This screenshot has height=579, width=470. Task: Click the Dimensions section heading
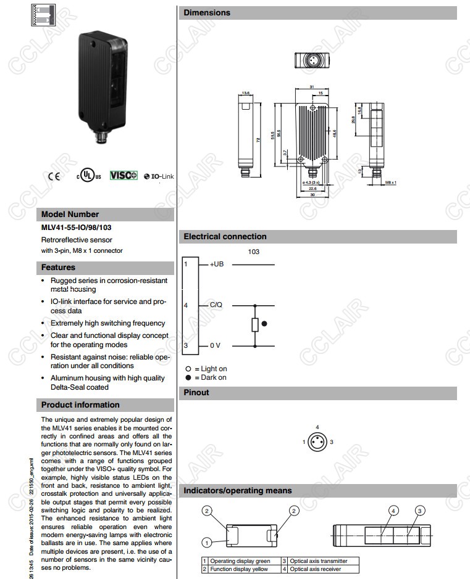207,12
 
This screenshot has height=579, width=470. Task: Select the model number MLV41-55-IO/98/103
77,228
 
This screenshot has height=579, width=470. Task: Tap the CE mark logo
55,176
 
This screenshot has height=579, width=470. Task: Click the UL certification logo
88,175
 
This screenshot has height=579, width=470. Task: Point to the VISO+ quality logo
124,176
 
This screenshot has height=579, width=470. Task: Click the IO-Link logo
159,176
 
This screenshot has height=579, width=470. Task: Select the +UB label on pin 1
217,264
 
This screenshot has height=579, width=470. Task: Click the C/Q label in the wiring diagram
216,305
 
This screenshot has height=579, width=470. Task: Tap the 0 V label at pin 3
215,345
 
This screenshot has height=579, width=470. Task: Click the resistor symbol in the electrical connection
254,324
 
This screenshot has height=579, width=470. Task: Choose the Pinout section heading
196,393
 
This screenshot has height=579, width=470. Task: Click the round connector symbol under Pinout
317,442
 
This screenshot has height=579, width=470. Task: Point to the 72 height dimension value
258,140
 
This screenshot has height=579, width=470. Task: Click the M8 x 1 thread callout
390,183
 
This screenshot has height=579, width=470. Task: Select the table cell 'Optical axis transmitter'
319,561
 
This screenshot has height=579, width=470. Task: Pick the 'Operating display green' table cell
240,561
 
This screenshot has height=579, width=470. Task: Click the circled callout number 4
393,511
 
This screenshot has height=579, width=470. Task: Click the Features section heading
58,268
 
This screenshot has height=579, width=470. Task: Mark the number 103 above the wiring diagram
253,252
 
